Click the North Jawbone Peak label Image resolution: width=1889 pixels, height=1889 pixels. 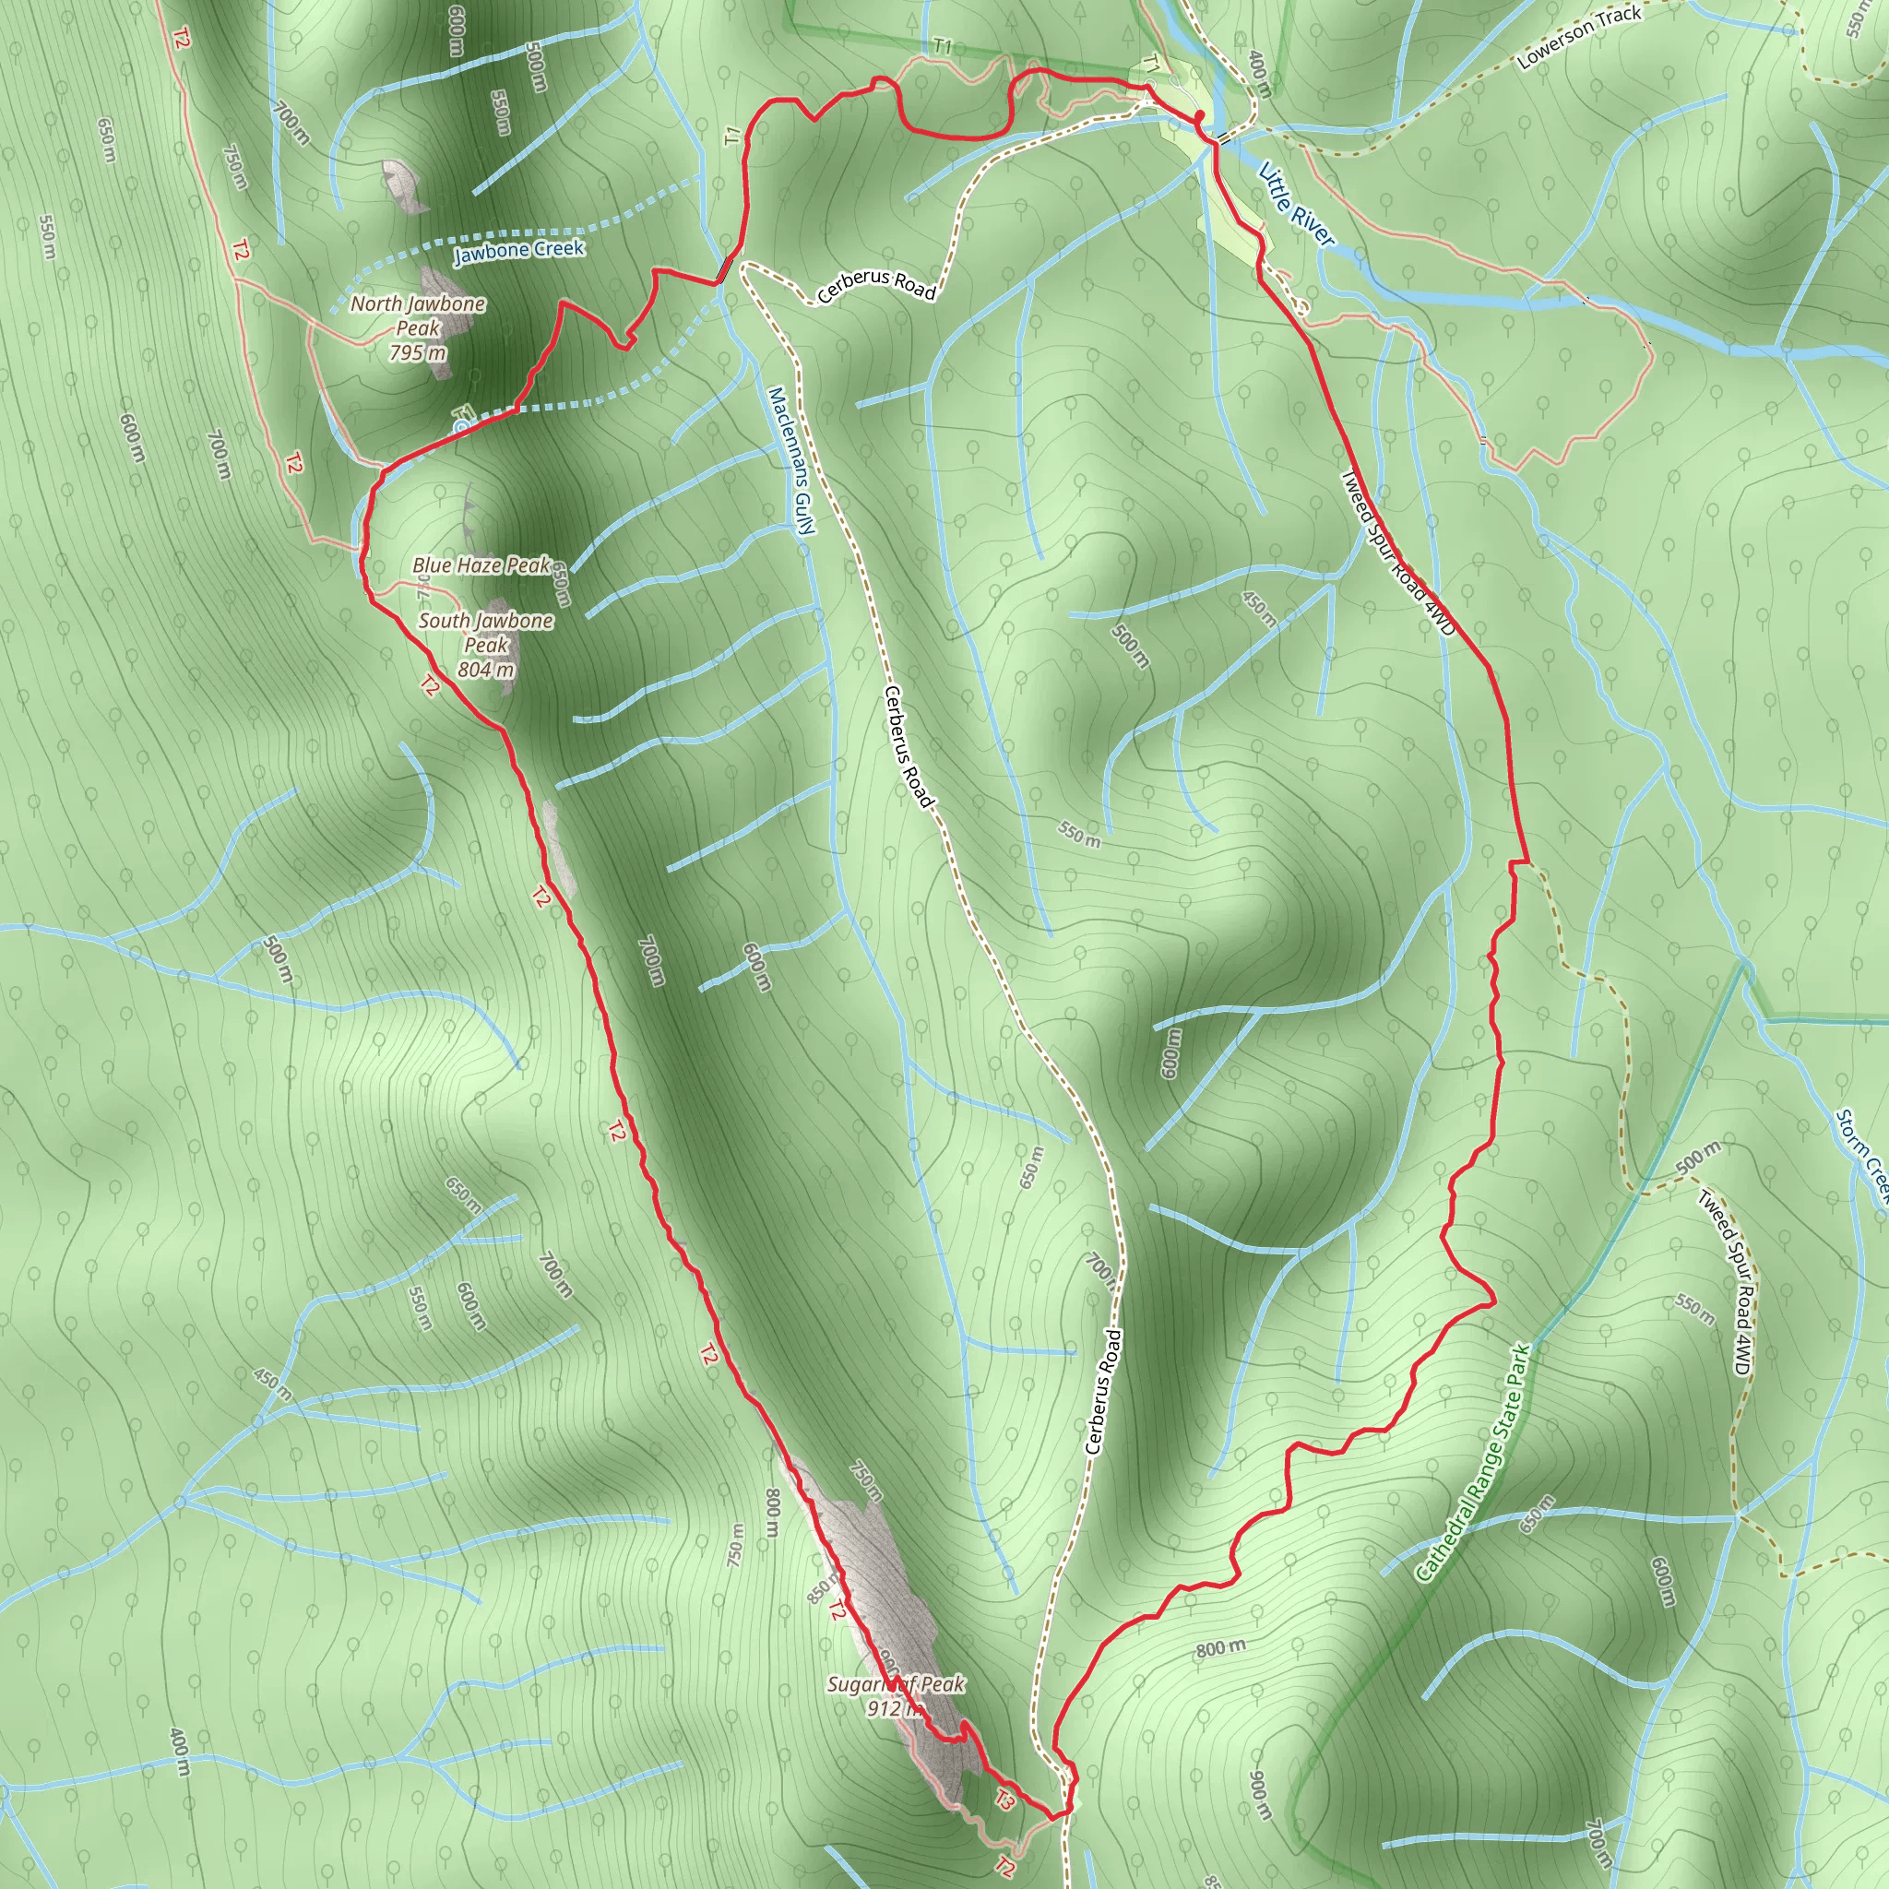pos(418,315)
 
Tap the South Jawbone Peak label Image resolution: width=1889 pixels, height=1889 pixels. pos(486,632)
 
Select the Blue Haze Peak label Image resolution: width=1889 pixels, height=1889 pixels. pos(481,565)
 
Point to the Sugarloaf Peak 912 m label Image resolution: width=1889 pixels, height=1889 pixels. pos(896,1695)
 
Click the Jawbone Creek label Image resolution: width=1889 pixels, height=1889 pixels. pos(518,250)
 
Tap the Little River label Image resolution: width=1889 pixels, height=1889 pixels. pos(1296,205)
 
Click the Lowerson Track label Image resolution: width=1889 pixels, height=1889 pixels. pos(1579,38)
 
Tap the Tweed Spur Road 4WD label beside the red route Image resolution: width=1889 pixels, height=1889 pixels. pos(1397,552)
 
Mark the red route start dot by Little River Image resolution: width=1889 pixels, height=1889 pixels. pos(1200,116)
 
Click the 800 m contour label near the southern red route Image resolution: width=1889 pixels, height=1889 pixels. pos(1221,1648)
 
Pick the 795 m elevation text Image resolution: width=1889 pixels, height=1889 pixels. pos(418,353)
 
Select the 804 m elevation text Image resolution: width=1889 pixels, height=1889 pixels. pos(486,670)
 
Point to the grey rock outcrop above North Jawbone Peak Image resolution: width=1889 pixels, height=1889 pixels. pos(403,185)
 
